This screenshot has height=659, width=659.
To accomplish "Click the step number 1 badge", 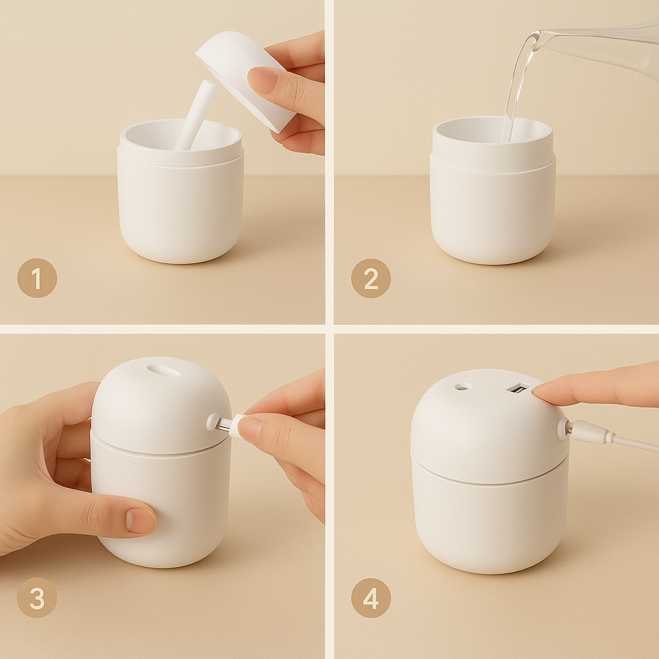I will pos(37,278).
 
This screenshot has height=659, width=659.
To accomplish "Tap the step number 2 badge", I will pos(371,278).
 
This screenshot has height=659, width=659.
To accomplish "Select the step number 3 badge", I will pos(37,598).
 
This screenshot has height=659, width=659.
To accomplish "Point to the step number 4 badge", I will pos(371,598).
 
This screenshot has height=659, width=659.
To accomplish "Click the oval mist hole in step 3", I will pos(164,371).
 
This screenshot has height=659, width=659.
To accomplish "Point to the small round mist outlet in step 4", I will pos(461,387).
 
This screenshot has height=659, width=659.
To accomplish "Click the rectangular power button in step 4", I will pos(517,388).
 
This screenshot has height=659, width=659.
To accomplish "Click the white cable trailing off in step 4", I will pos(637,443).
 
